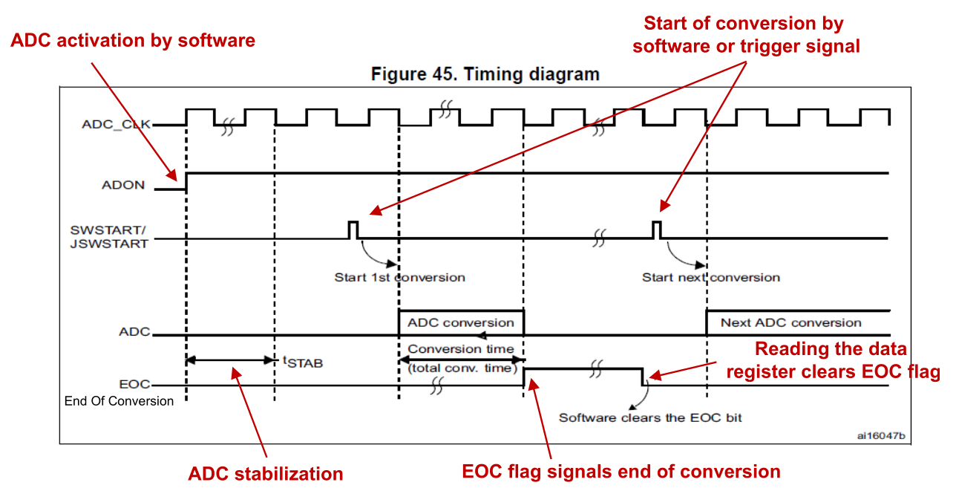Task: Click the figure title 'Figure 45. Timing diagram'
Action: (485, 74)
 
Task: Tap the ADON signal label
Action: (123, 185)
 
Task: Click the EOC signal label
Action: (134, 385)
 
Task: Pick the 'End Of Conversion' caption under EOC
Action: (119, 401)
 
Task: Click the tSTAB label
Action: (303, 362)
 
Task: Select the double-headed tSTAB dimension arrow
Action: (230, 360)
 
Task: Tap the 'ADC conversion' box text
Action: (460, 322)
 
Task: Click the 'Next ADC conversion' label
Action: (790, 322)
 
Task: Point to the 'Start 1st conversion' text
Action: (399, 277)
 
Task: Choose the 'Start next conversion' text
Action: (710, 277)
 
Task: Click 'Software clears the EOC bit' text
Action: (650, 417)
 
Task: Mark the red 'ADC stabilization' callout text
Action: (265, 473)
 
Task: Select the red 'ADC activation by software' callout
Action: (133, 40)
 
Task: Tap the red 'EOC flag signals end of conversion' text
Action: (621, 471)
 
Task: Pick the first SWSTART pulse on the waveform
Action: (353, 229)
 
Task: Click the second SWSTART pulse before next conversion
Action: (657, 229)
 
